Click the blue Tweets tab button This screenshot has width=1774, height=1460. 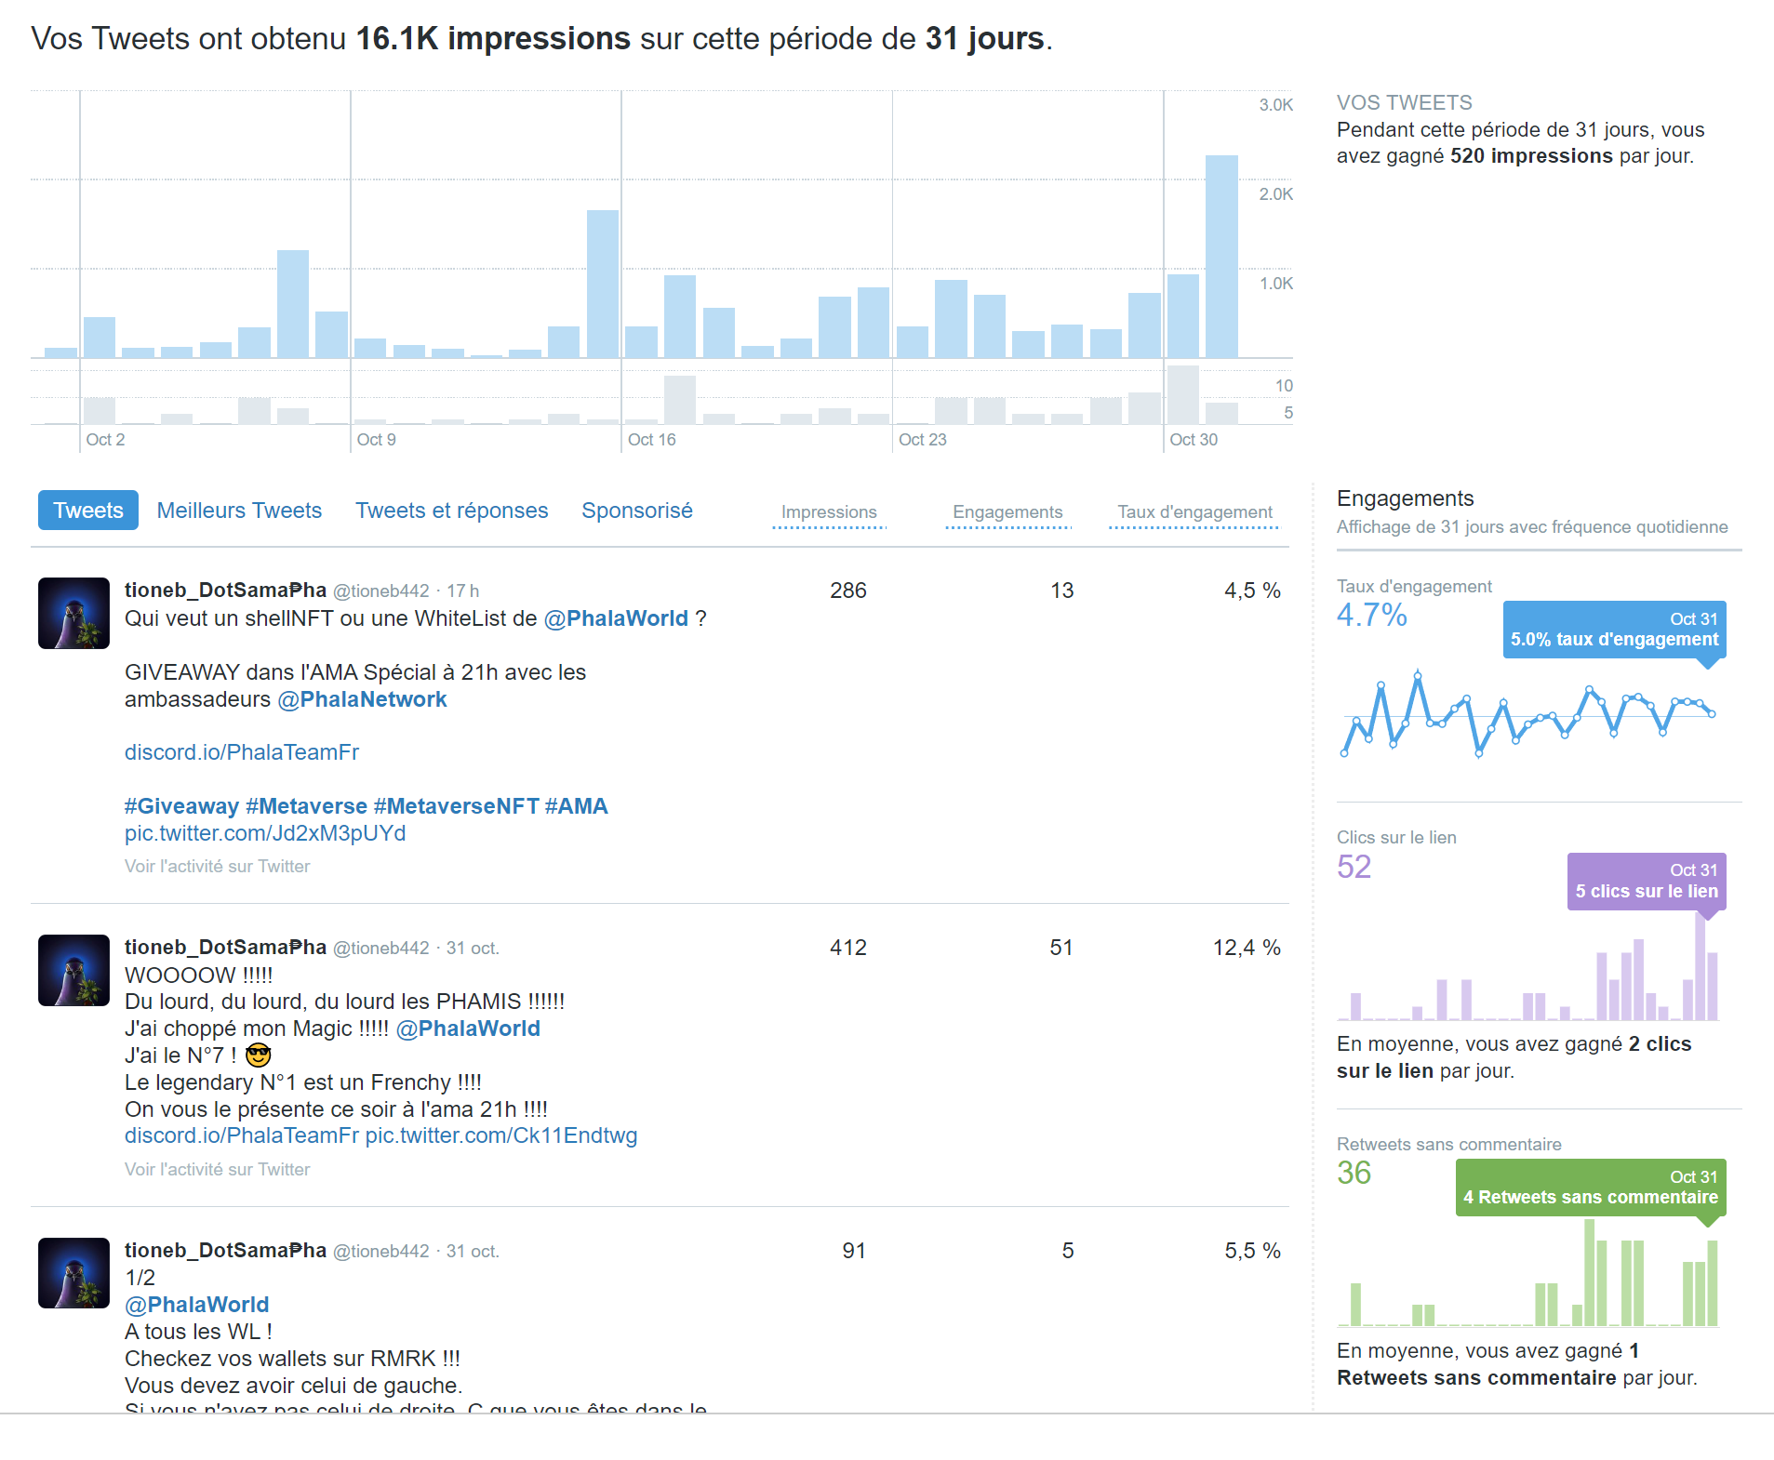[87, 511]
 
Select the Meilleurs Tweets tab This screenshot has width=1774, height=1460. [239, 511]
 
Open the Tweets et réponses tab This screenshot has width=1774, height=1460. [451, 511]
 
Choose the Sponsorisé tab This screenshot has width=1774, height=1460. [636, 511]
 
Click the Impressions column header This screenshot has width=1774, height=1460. [828, 512]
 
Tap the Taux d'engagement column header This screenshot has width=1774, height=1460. [1194, 512]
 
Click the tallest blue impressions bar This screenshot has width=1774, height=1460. [1220, 257]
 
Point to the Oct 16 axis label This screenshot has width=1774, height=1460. [651, 440]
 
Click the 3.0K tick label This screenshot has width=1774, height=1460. [1275, 105]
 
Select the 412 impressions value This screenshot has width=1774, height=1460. [847, 948]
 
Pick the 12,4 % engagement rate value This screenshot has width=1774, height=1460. [1246, 948]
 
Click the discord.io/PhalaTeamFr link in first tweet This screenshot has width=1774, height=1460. [242, 752]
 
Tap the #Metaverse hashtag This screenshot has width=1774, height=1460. [306, 806]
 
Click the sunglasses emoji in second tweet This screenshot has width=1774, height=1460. [258, 1055]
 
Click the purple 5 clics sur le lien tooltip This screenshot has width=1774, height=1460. [1646, 881]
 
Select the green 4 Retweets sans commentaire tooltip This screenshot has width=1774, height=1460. [1590, 1188]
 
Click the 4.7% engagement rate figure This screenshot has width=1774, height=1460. [1371, 616]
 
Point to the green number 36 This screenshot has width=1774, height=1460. [1354, 1174]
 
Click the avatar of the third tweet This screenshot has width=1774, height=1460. [73, 1273]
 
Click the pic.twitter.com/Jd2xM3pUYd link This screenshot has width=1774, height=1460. [265, 833]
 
